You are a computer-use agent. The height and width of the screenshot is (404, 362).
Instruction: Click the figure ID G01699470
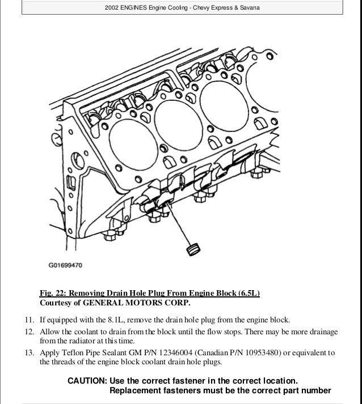click(x=65, y=264)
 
